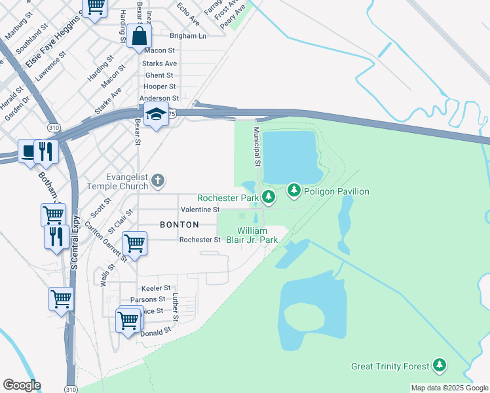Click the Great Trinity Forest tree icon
pos(440,366)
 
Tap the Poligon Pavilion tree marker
pos(294,191)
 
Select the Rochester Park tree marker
pos(268,196)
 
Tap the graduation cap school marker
pos(157,115)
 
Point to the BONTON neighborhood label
pos(179,224)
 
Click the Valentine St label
pos(200,209)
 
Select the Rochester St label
pos(200,240)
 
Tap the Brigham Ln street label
pos(188,36)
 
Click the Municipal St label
pos(257,146)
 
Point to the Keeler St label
pos(156,288)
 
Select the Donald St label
pos(155,332)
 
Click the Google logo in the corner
pos(22,385)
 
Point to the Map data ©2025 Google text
pos(449,388)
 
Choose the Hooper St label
pos(160,86)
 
